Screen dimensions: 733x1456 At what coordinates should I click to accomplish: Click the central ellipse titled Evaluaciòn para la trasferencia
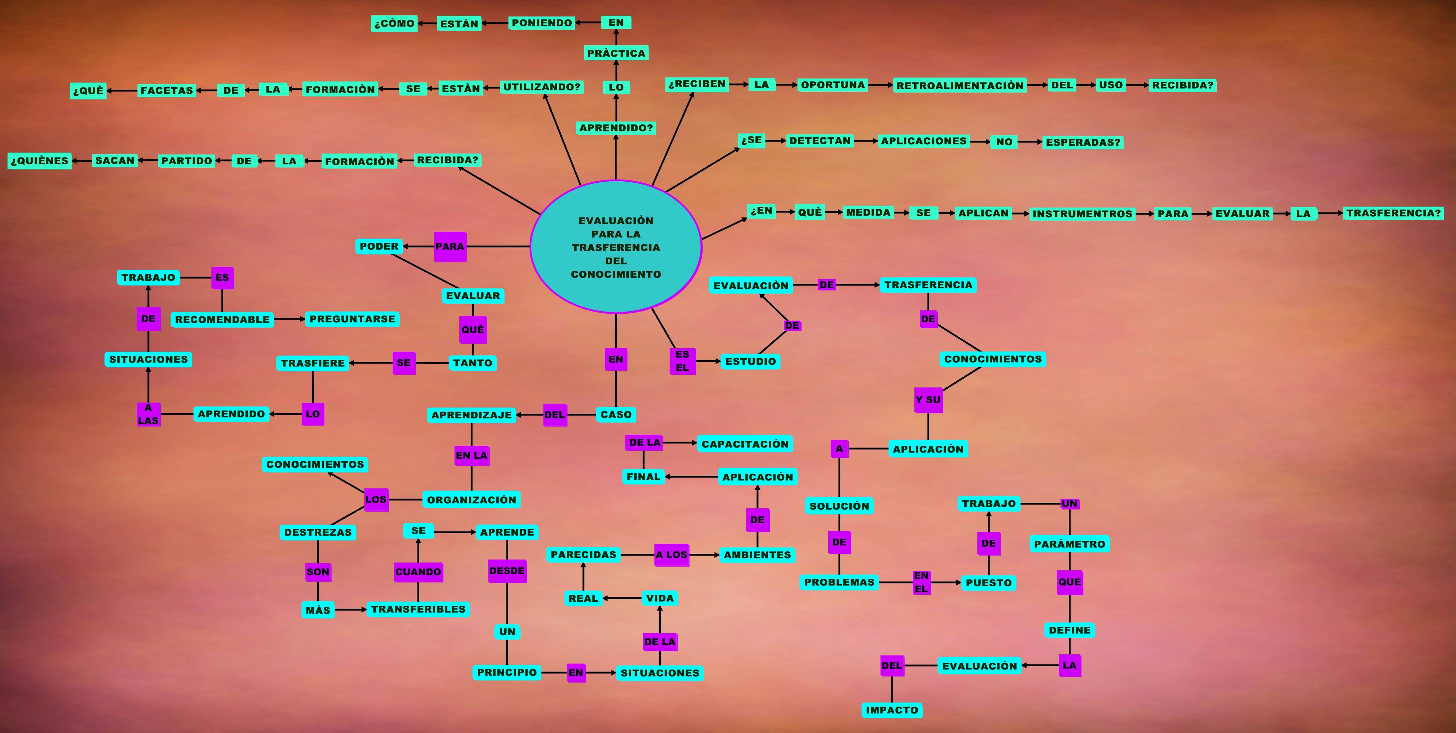(616, 247)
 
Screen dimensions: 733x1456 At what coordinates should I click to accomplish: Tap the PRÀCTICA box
(616, 53)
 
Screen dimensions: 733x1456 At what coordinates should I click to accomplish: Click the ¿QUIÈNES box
(39, 161)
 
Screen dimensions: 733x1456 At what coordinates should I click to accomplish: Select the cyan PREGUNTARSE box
(352, 319)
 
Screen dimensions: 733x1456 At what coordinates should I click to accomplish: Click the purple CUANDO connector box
(418, 572)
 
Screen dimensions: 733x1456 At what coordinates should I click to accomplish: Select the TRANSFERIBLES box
(418, 609)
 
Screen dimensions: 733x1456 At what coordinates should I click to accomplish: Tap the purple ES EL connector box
(682, 361)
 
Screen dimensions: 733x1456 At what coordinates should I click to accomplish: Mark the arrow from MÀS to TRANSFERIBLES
(351, 610)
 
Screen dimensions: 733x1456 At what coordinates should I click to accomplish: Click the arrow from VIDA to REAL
(622, 598)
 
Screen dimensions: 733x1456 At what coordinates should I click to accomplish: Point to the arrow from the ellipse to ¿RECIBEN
(673, 139)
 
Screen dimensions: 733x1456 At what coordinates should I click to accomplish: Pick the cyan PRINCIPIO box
(506, 672)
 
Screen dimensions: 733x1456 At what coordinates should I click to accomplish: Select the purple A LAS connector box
(148, 414)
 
